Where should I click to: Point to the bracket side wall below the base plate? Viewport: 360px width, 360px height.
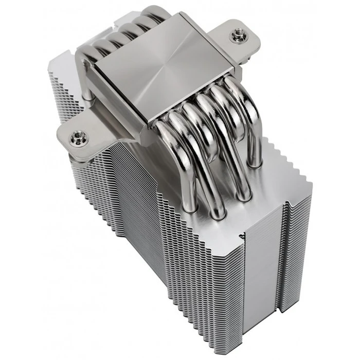[123, 129]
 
